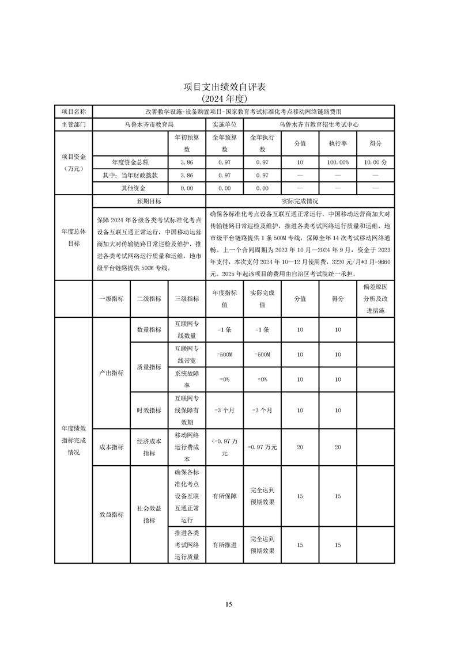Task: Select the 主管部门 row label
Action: (73, 124)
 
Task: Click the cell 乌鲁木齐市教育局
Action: (149, 124)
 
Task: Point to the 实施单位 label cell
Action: (224, 124)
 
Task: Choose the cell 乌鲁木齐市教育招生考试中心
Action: (319, 124)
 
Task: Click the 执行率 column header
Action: (338, 143)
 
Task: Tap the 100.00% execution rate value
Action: (338, 162)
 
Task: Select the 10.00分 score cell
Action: (375, 162)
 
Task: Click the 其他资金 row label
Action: (133, 188)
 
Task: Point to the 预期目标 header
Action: (149, 202)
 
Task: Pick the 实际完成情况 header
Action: (300, 202)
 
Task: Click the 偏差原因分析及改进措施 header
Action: (375, 298)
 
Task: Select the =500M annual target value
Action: (224, 355)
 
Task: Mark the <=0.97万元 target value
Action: (224, 447)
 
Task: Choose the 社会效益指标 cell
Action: (149, 514)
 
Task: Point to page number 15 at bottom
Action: (228, 604)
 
